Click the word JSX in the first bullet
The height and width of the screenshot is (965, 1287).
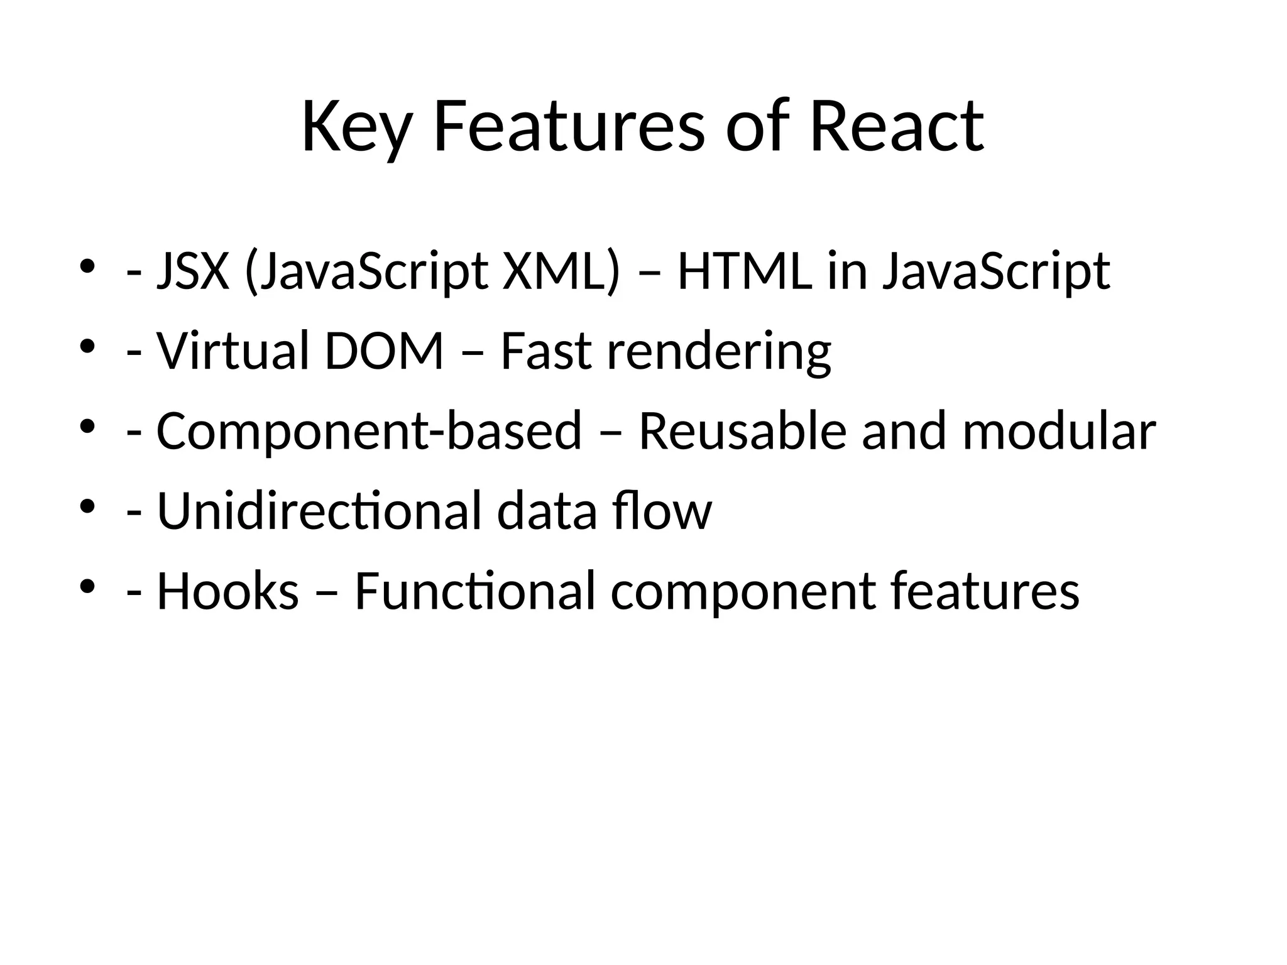coord(193,271)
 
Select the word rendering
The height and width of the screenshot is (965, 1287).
coord(719,352)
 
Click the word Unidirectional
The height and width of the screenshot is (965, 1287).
coord(319,510)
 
